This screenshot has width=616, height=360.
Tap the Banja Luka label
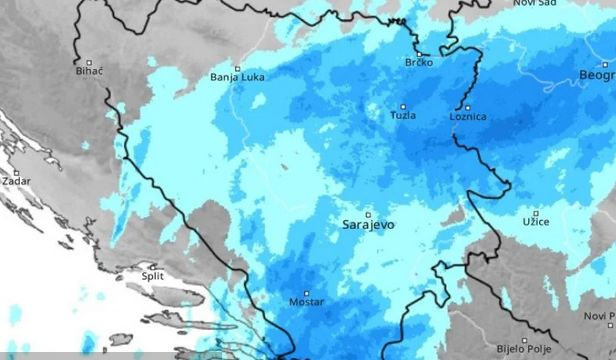[237, 77]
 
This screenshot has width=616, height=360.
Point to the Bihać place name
[91, 71]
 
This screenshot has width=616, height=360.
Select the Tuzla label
[404, 116]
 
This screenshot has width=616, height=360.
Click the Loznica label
[468, 117]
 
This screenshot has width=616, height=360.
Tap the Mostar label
[306, 301]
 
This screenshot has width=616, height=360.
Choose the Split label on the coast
[153, 276]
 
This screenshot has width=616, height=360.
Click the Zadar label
[17, 181]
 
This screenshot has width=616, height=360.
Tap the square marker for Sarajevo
[367, 214]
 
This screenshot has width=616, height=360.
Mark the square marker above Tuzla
[404, 106]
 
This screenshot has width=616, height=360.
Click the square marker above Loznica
[466, 106]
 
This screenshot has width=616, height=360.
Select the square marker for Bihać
[90, 60]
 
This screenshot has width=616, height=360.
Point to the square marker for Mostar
[305, 290]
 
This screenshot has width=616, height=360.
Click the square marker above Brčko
[416, 52]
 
